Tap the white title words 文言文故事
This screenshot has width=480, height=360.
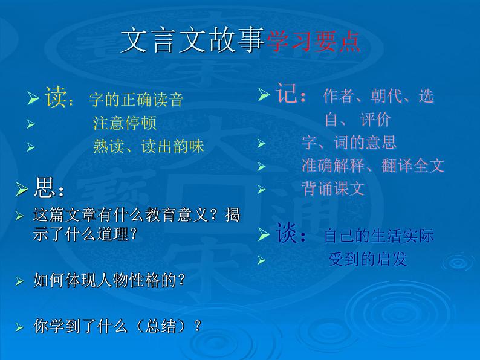pyautogui.click(x=192, y=40)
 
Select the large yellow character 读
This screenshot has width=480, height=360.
pyautogui.click(x=55, y=97)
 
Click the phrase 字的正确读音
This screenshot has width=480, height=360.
pyautogui.click(x=135, y=100)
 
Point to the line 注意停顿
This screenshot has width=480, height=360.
pyautogui.click(x=125, y=123)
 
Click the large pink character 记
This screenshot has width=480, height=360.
pyautogui.click(x=287, y=95)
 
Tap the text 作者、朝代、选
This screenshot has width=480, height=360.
pyautogui.click(x=378, y=96)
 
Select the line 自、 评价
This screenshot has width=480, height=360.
pyautogui.click(x=357, y=119)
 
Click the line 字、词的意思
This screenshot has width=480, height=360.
pyautogui.click(x=349, y=143)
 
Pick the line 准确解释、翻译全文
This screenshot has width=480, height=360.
pyautogui.click(x=373, y=166)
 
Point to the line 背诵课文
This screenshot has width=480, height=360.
pyautogui.click(x=333, y=188)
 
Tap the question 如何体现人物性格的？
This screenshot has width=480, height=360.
pyautogui.click(x=109, y=280)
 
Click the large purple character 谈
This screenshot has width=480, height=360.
pyautogui.click(x=287, y=234)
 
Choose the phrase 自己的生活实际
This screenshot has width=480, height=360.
pyautogui.click(x=379, y=236)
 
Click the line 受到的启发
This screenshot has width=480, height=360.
pyautogui.click(x=368, y=259)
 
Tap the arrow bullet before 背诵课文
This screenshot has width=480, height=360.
pyautogui.click(x=261, y=189)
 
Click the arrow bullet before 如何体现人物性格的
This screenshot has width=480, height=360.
pyautogui.click(x=20, y=281)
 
